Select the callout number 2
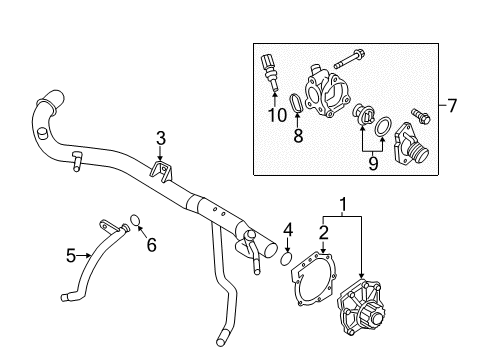(323, 232)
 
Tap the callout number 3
(158, 137)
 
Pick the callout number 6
(152, 243)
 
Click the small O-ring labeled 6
(137, 220)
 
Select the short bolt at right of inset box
(419, 118)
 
